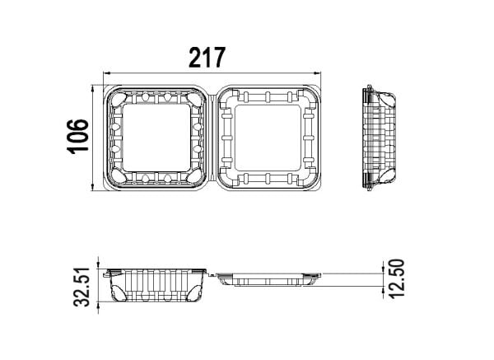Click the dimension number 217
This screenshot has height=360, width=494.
[x=207, y=58]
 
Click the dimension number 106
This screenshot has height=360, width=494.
[x=78, y=137]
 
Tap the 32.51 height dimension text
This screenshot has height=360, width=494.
[x=82, y=287]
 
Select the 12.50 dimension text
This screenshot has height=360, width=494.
[x=396, y=278]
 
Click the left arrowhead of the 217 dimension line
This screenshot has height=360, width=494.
[x=107, y=73]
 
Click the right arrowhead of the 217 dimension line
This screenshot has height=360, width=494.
[x=317, y=73]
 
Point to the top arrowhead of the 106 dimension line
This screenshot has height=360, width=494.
[x=92, y=88]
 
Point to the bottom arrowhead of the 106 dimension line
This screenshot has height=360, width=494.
[x=92, y=188]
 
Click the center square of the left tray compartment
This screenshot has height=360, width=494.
[x=156, y=138]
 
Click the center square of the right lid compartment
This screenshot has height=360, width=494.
[x=268, y=138]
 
